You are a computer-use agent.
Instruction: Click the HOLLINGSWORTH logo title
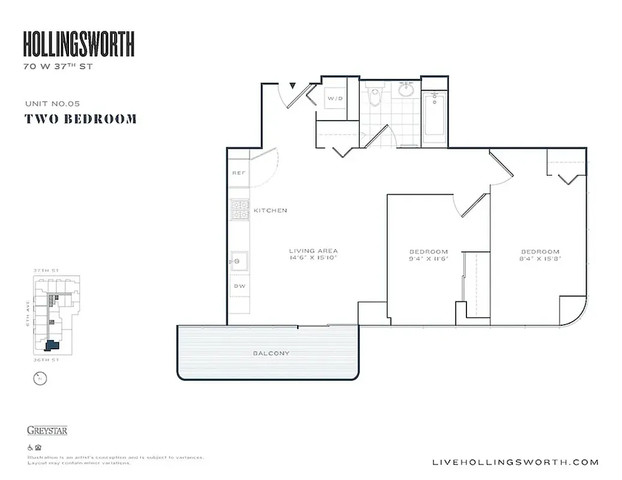79,44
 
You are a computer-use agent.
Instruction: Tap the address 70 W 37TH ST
58,67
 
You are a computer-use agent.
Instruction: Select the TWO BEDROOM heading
80,119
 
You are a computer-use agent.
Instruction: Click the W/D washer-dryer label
334,97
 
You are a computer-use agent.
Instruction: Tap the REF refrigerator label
237,173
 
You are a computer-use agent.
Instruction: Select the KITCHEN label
270,211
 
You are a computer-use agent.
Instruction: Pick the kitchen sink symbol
239,260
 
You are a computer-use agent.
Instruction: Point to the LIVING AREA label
313,251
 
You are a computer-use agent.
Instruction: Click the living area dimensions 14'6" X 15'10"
313,258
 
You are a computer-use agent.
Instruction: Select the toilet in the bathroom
375,96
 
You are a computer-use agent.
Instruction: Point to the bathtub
434,118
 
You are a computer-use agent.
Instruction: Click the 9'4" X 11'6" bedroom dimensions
429,259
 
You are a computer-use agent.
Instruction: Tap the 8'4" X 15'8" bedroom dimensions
540,259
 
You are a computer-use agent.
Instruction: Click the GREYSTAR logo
47,430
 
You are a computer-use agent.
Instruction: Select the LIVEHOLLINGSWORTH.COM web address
515,462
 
